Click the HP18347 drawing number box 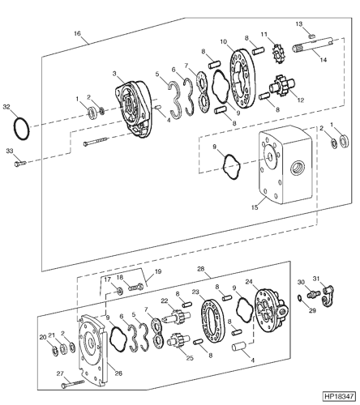coord(339,396)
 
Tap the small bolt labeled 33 coord(19,164)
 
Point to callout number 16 coord(77,33)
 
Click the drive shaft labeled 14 coord(313,45)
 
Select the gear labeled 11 coord(278,53)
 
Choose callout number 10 coord(224,42)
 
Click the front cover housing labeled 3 coord(133,109)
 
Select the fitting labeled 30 coord(313,293)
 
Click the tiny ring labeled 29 coord(300,298)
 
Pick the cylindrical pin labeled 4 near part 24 coord(238,347)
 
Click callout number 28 coord(200,269)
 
